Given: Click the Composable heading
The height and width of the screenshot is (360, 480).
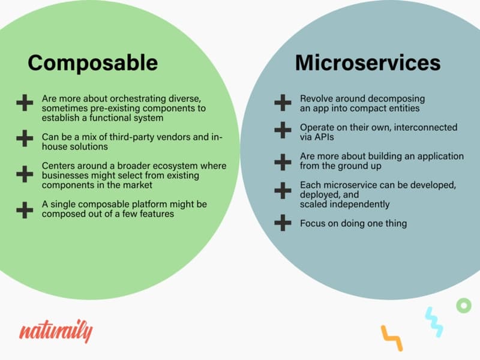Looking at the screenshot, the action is (x=93, y=63).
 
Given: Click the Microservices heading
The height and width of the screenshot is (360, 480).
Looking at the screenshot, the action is (x=368, y=62).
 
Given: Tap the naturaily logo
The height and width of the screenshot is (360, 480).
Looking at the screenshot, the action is (x=56, y=331).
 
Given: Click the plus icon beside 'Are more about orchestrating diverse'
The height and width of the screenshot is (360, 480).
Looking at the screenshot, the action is (x=25, y=103).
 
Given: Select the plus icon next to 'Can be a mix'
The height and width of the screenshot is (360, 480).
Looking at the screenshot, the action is (x=25, y=139).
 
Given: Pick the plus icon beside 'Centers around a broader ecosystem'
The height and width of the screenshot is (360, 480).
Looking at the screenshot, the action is (x=25, y=174).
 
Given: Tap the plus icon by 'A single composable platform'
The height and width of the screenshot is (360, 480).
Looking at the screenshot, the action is (x=25, y=210).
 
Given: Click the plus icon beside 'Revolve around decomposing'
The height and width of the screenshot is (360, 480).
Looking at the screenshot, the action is (x=283, y=103).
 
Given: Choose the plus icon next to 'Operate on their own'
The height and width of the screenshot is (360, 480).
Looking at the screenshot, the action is (x=283, y=130).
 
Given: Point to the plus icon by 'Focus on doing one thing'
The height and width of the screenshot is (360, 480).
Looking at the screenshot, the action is (x=283, y=223).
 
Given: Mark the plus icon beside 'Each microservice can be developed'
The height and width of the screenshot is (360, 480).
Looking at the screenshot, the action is (x=283, y=191).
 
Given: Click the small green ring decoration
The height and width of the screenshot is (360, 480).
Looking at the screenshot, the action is (x=464, y=305).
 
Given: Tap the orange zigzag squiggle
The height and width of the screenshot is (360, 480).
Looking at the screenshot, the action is (x=392, y=337).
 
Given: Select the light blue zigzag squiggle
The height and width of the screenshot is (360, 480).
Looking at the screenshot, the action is (x=434, y=322).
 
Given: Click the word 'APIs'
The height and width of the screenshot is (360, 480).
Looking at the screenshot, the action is (x=317, y=137).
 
